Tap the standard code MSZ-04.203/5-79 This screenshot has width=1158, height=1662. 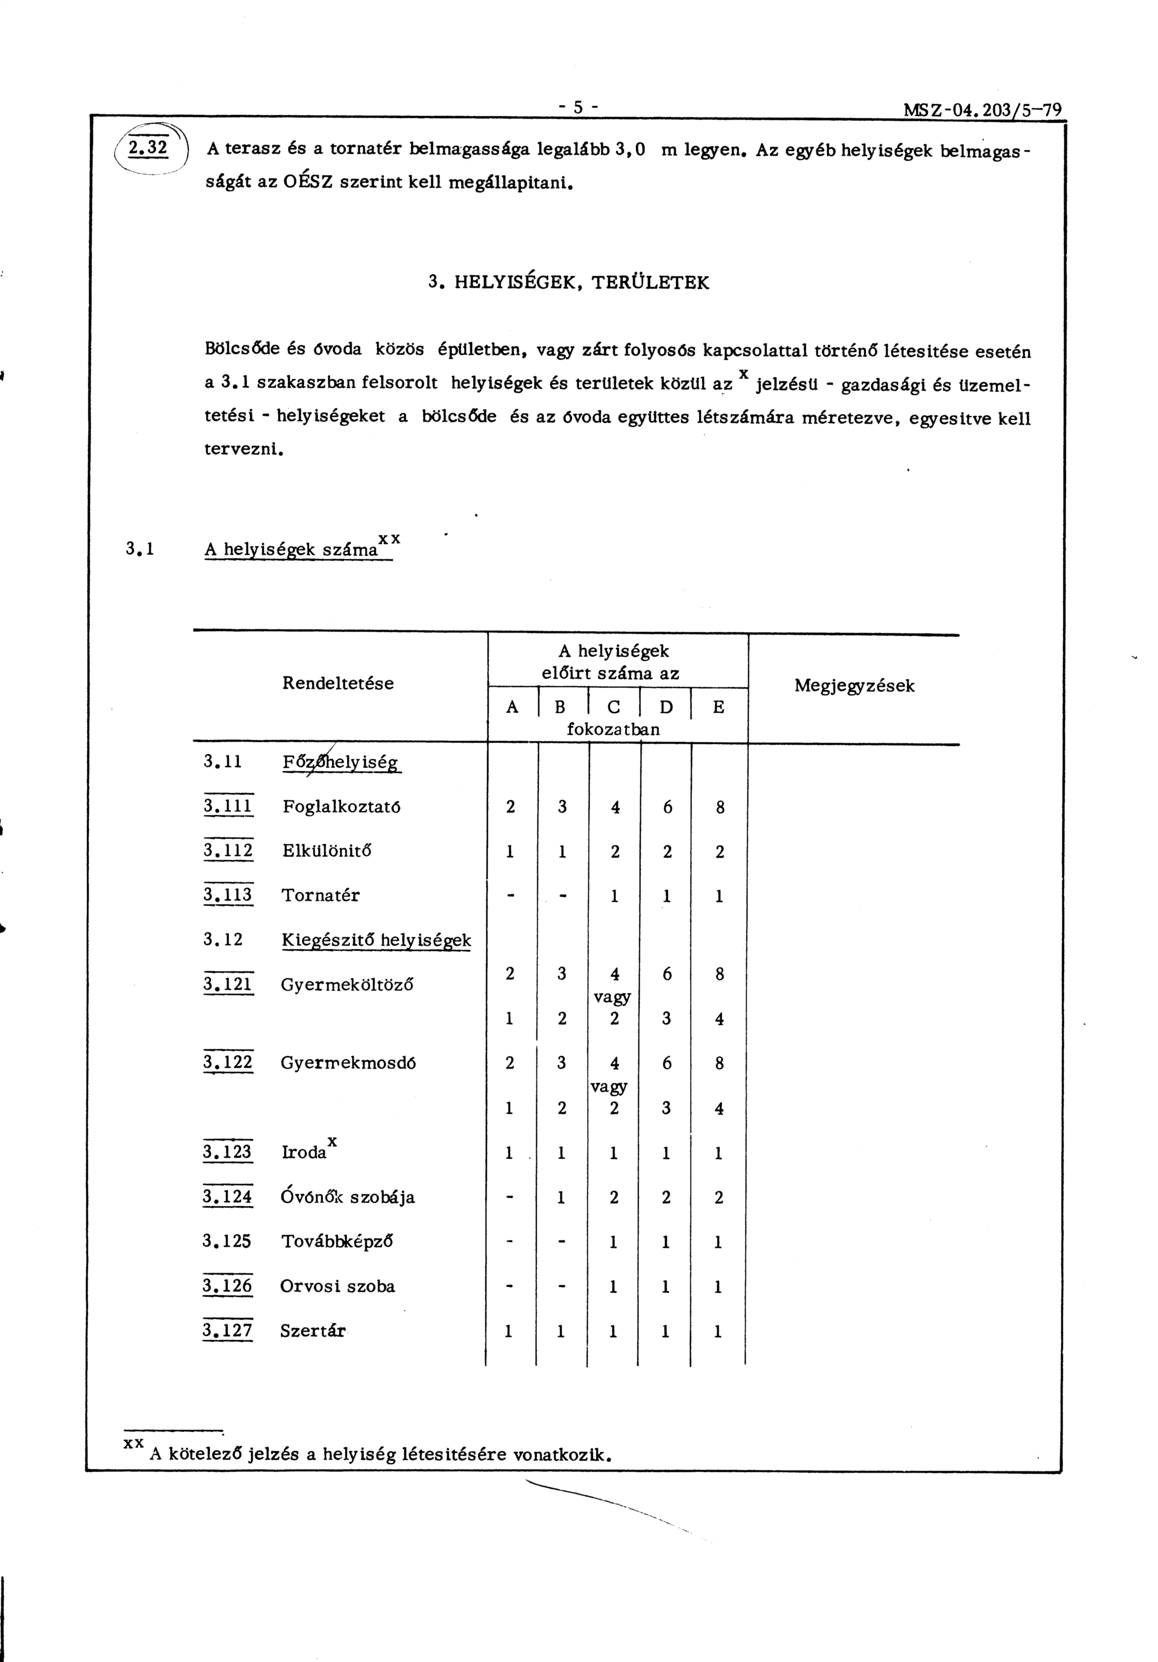tap(982, 111)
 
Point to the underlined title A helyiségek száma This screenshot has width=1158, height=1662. tap(291, 549)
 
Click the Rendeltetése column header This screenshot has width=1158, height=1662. tap(338, 683)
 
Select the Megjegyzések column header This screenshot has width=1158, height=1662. tap(854, 685)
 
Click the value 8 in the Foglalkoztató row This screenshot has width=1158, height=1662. tap(719, 807)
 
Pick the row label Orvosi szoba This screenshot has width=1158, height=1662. tap(337, 1286)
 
